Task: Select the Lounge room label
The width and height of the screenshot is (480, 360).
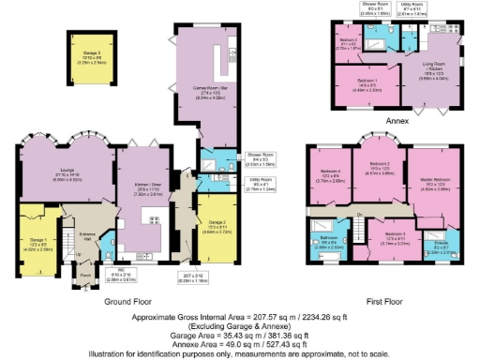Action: (x=46, y=176)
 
